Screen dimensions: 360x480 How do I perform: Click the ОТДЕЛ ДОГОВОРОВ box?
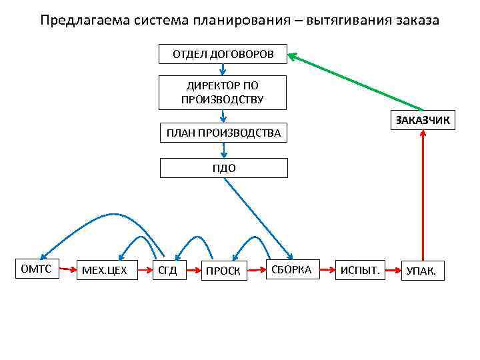coord(223,54)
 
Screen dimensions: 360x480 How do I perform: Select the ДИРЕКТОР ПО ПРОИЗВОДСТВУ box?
coord(223,93)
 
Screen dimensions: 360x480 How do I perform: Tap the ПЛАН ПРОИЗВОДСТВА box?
coord(223,133)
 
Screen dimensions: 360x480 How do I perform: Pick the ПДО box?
coord(224,168)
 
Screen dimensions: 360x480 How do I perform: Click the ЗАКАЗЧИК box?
coord(423,120)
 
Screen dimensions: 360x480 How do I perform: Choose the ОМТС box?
coord(37,269)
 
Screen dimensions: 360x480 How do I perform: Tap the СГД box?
coord(167,271)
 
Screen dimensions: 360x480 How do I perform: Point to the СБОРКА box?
coord(291,269)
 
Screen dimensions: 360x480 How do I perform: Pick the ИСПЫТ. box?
coord(360,270)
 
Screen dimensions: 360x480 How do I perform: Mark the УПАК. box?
coord(422,271)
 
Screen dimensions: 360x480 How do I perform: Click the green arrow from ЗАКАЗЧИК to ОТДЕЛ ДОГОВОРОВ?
coord(357,83)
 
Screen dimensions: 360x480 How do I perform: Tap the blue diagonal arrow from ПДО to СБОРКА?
coord(257,217)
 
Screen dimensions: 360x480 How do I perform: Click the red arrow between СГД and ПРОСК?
coord(193,271)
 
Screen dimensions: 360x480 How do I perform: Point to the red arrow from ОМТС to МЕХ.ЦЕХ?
coord(69,270)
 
